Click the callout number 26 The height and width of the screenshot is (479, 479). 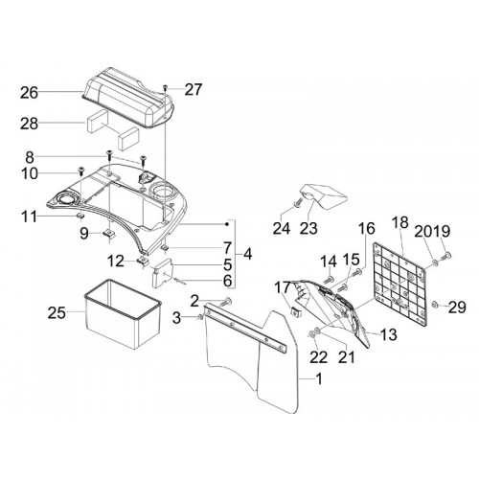point(30,93)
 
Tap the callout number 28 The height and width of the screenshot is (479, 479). point(30,124)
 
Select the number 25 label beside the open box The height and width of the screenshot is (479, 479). point(57,313)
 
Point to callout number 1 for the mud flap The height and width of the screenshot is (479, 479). point(318,378)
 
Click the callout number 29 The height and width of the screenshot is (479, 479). point(457,307)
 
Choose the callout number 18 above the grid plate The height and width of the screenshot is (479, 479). point(399,222)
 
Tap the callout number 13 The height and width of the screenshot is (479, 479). point(389,334)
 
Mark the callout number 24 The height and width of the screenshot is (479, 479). point(282,228)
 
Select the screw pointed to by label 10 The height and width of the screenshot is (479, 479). point(80,171)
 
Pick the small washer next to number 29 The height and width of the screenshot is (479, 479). point(434,304)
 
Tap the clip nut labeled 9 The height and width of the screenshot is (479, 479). point(109,234)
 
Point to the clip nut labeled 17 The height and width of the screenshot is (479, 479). point(294,310)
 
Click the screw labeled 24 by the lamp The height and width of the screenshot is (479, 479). point(298,202)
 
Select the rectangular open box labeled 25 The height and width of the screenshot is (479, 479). point(122,313)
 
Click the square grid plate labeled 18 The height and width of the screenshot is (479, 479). point(400,285)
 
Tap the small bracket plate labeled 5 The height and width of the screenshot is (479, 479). point(162,273)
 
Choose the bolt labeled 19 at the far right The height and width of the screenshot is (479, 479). point(446,256)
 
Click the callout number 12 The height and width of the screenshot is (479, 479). point(115,262)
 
